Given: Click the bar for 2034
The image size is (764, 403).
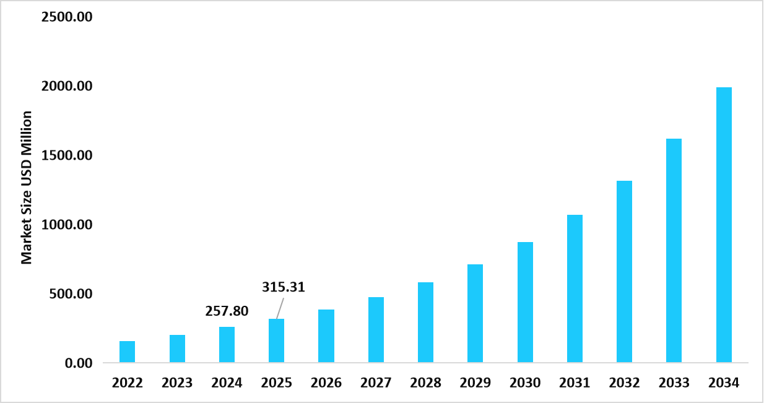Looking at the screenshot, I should pos(724,225).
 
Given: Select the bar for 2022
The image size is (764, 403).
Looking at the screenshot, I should pos(127,352).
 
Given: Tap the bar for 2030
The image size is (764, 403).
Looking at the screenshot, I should pos(525,302).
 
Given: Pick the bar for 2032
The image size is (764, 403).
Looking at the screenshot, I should pos(624,271).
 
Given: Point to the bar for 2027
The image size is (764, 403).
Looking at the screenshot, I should pos(376,329).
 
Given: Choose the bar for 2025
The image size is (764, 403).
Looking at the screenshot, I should pos(276,340).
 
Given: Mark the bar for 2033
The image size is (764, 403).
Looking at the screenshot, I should pos(674,250).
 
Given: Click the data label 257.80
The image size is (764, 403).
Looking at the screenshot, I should pos(227,311).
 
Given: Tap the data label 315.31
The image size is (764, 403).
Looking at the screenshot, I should pos(284,287).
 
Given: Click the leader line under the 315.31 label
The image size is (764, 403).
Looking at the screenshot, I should pos(280,308).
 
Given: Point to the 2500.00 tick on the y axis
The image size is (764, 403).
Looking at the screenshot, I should pos(67,17).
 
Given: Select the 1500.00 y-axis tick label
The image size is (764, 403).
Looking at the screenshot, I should pos(67,155).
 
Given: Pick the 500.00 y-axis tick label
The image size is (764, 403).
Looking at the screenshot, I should pos(71,293).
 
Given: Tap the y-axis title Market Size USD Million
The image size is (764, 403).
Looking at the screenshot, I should pos(27,188).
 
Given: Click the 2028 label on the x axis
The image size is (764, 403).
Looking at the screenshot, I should pos(425,383).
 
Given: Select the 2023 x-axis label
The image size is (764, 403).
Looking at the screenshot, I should pos(177,383).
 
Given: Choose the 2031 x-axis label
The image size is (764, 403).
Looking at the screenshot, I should pos(575,383).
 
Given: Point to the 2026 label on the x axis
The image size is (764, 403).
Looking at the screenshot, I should pos(326,383).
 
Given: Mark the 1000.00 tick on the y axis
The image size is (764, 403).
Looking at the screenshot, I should pos(67,225).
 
